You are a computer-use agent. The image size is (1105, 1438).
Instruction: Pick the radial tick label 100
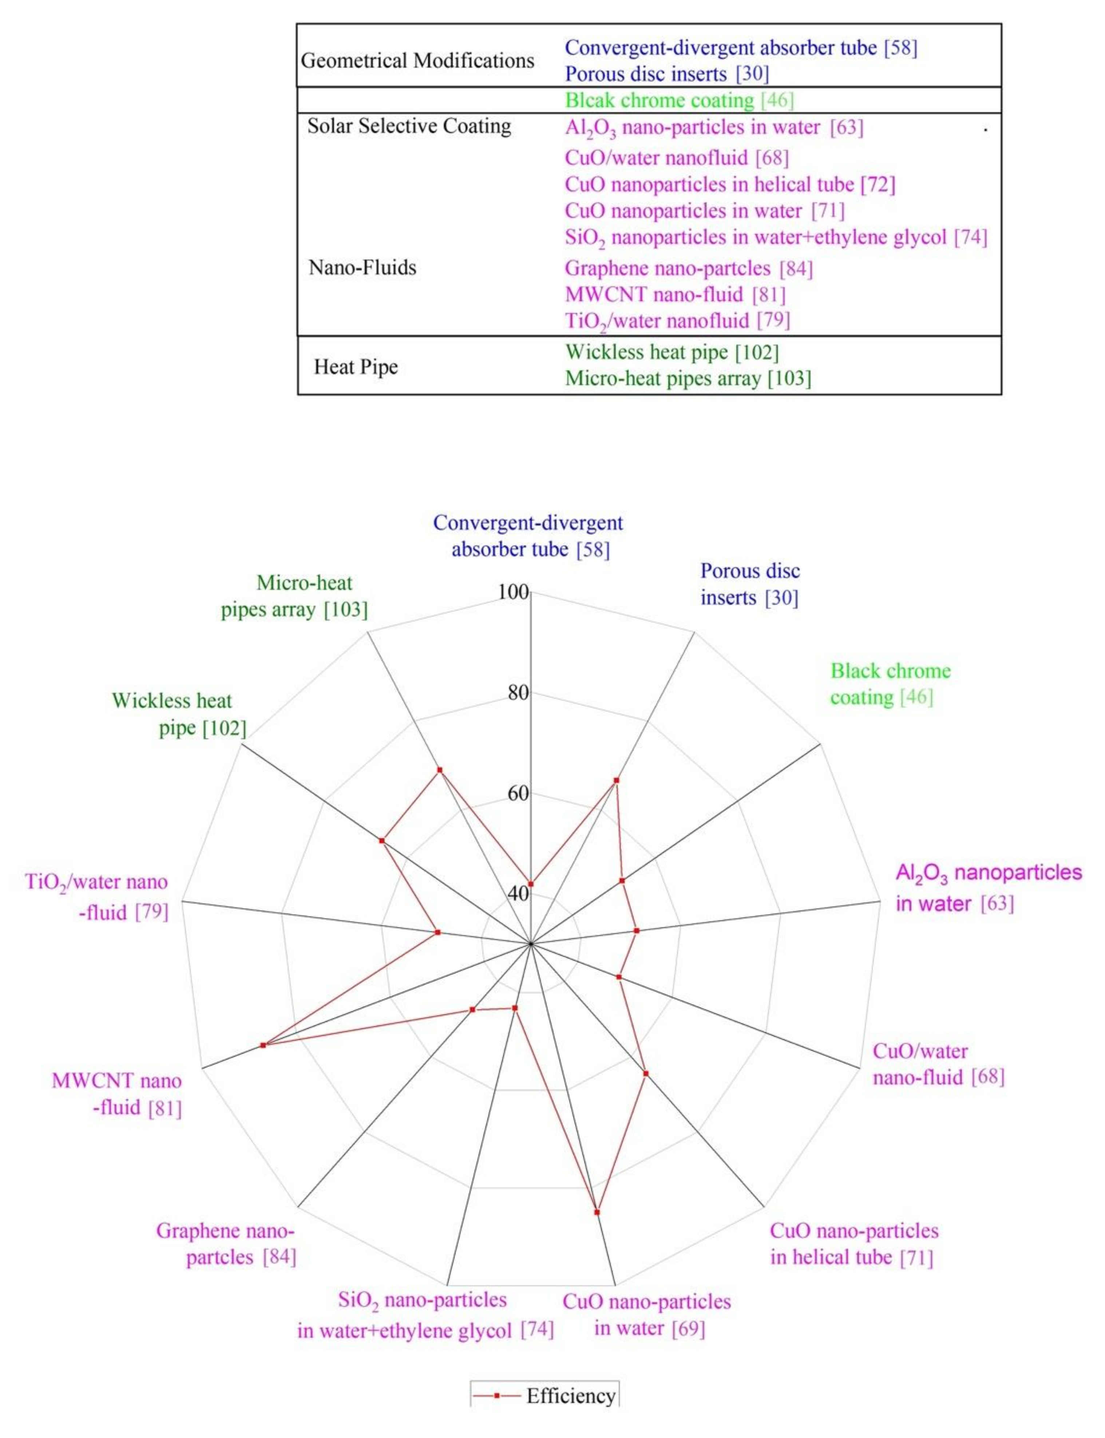tap(514, 593)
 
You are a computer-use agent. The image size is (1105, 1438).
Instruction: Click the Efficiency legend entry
tap(544, 1395)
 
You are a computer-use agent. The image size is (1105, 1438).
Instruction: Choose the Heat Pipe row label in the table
tap(356, 367)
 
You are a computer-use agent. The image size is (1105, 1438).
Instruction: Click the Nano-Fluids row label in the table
tap(363, 268)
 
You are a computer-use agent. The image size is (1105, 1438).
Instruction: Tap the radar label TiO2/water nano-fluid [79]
tap(97, 897)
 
